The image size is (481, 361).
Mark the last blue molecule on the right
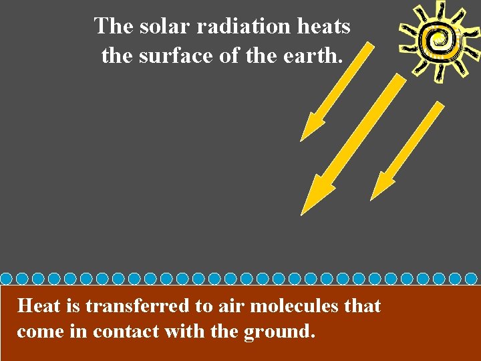[x=471, y=278]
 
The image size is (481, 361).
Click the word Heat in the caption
[x=39, y=306]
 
